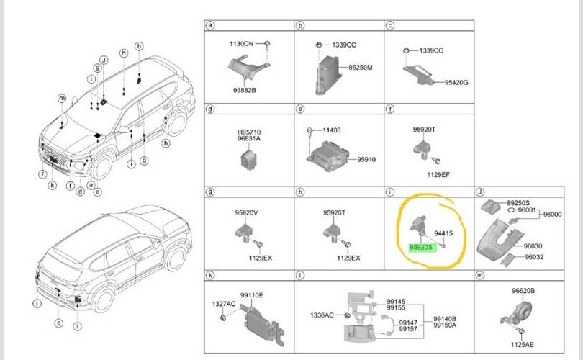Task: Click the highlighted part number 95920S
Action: [421, 247]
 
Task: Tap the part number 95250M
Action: [361, 68]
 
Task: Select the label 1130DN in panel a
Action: [241, 44]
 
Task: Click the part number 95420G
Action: [456, 83]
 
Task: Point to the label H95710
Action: [249, 132]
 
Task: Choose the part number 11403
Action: [332, 130]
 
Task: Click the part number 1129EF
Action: [438, 174]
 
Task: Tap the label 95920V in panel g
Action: [246, 212]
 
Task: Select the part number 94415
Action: [443, 233]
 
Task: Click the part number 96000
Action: [553, 215]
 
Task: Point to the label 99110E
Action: [251, 295]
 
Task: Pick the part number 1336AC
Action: [322, 315]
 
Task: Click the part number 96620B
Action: [523, 291]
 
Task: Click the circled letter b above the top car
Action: [139, 46]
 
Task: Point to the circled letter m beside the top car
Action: [62, 98]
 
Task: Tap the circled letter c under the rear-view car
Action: [59, 323]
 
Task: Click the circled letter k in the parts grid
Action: [210, 276]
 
